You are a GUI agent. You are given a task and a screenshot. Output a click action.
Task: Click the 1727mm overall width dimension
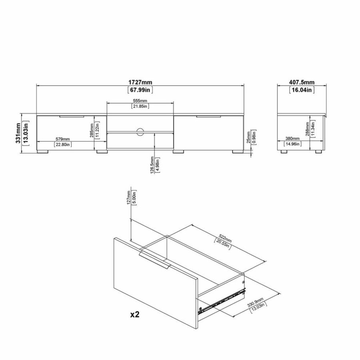click(140, 82)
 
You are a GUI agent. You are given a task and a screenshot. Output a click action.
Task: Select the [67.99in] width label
click(140, 90)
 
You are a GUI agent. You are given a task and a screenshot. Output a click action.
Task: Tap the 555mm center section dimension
click(140, 100)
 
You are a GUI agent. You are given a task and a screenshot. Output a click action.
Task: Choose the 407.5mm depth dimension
click(302, 82)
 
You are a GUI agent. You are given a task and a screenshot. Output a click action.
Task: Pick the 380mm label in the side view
click(291, 139)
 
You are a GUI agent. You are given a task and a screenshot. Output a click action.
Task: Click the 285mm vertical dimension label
click(92, 129)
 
